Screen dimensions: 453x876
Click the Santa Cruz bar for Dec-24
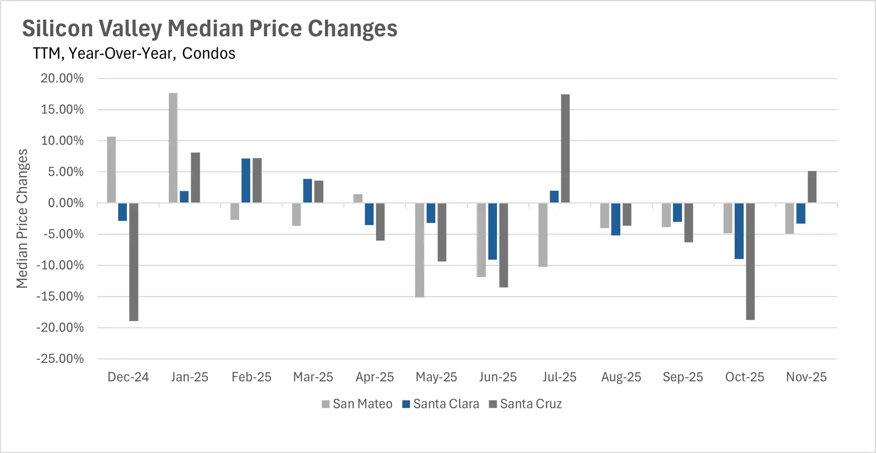tap(134, 262)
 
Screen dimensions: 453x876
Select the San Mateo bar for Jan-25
tap(173, 148)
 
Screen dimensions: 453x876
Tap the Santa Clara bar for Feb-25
tap(246, 180)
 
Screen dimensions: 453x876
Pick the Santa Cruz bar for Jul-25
tap(565, 148)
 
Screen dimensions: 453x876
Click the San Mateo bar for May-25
tap(420, 250)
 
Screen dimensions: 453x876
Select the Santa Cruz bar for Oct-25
tap(750, 261)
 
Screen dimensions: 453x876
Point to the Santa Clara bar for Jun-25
tap(493, 232)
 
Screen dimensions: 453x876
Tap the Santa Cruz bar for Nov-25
tap(812, 187)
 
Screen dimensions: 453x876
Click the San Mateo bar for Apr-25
tap(358, 199)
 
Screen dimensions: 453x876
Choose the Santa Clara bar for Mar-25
tap(308, 191)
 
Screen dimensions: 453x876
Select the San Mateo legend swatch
tap(326, 404)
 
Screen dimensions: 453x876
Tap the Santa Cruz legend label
tap(531, 404)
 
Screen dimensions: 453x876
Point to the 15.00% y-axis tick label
tap(63, 110)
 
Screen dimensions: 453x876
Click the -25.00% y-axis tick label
tap(60, 359)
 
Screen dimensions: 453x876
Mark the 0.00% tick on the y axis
tap(66, 203)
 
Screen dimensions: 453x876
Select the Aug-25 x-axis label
tap(621, 377)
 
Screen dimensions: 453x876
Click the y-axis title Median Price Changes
tap(22, 218)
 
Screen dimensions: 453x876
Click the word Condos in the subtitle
tap(209, 53)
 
